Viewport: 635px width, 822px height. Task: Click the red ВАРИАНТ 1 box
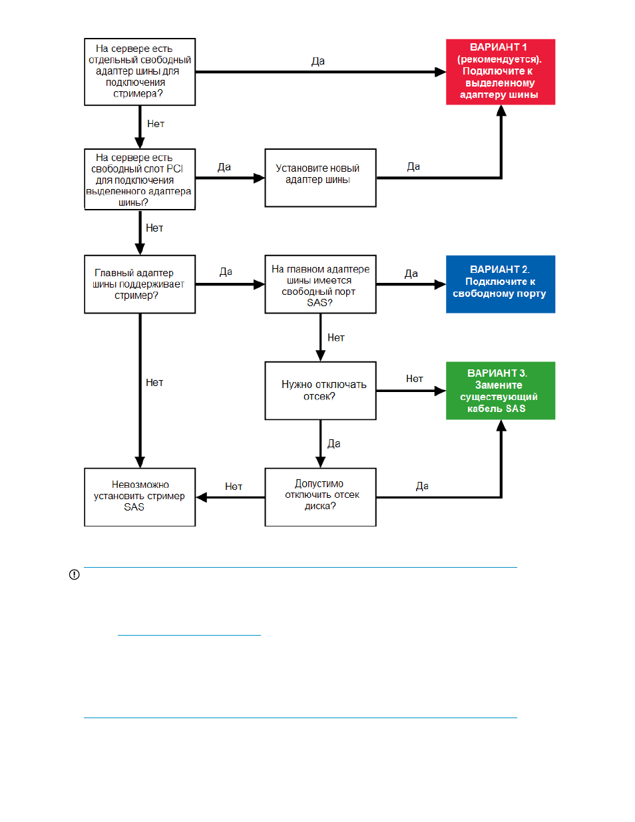coord(501,72)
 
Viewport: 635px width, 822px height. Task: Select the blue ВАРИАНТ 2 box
coord(501,284)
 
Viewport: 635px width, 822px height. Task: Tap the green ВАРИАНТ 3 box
coord(501,391)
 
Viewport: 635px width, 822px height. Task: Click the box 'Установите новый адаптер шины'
coord(320,178)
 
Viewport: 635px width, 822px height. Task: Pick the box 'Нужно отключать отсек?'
coord(320,391)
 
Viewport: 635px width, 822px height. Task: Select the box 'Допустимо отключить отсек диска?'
coord(320,497)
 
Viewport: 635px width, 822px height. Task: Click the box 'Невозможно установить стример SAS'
coord(140,497)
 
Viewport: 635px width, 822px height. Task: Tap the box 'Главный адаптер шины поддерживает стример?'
coord(140,284)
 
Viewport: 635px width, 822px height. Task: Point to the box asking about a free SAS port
coord(320,284)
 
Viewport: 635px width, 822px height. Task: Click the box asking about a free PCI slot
coord(140,179)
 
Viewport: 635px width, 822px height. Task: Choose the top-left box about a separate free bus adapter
coord(140,72)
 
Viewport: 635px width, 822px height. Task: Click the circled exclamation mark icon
coord(74,574)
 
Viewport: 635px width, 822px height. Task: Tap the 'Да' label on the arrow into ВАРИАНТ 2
coord(411,274)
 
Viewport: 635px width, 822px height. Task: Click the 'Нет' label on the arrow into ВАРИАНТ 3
coord(415,379)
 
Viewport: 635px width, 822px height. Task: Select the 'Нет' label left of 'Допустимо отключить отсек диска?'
coord(234,487)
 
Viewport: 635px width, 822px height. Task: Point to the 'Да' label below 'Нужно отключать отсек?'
coord(334,443)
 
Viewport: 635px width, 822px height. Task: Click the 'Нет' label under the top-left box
coord(156,124)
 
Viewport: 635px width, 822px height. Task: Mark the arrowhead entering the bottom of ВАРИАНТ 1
coord(501,110)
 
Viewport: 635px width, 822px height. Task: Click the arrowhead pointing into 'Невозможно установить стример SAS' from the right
coord(201,497)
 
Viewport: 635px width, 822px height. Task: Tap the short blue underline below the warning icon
coord(189,635)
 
